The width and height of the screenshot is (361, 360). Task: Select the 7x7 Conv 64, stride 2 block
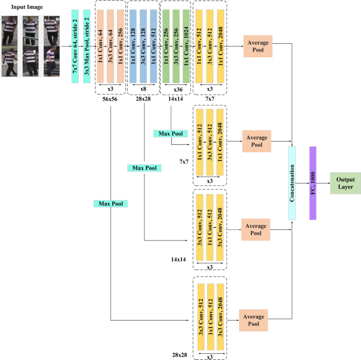click(x=75, y=47)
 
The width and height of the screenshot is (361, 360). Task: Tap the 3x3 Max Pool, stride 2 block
click(x=87, y=47)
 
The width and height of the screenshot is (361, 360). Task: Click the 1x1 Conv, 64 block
click(x=100, y=47)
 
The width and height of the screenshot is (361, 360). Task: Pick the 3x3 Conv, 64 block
click(x=111, y=47)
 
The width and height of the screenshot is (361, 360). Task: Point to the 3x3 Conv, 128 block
click(x=143, y=47)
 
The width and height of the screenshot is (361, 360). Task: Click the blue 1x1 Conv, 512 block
click(x=154, y=47)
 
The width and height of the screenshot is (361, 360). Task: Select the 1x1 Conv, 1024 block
click(x=186, y=47)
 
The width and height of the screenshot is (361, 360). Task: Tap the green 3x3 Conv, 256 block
click(x=175, y=47)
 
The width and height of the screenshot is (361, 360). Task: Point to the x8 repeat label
click(x=143, y=89)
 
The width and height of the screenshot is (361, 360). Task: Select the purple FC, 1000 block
click(x=313, y=184)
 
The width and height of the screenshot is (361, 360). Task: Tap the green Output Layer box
click(x=345, y=183)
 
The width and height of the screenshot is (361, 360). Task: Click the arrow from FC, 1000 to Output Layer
click(x=323, y=183)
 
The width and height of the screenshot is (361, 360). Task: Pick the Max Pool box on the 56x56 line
click(x=111, y=203)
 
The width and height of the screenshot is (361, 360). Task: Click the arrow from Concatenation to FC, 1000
click(x=302, y=183)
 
